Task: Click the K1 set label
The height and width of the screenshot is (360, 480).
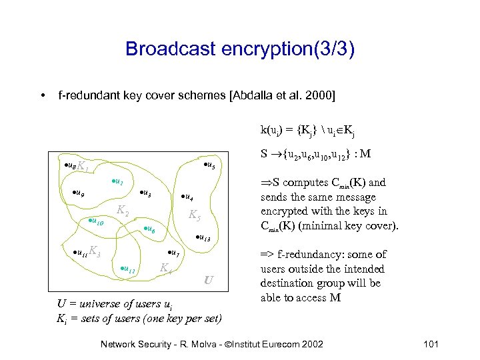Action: [x=83, y=167]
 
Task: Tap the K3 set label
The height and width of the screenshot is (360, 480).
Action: [x=95, y=252]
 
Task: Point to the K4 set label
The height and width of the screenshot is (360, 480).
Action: [x=165, y=268]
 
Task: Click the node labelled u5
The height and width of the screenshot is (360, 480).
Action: [x=208, y=165]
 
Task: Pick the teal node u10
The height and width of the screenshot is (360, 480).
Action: [x=96, y=221]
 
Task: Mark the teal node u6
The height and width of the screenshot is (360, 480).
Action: [x=150, y=229]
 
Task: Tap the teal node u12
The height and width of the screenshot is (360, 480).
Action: [x=129, y=269]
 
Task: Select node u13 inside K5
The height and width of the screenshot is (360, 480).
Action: [x=203, y=239]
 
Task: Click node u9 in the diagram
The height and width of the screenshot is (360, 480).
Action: [x=79, y=194]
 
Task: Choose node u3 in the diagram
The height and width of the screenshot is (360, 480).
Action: [x=145, y=194]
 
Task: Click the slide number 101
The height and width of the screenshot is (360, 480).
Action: [x=431, y=344]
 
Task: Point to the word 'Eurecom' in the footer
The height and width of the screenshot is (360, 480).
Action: [x=271, y=344]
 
